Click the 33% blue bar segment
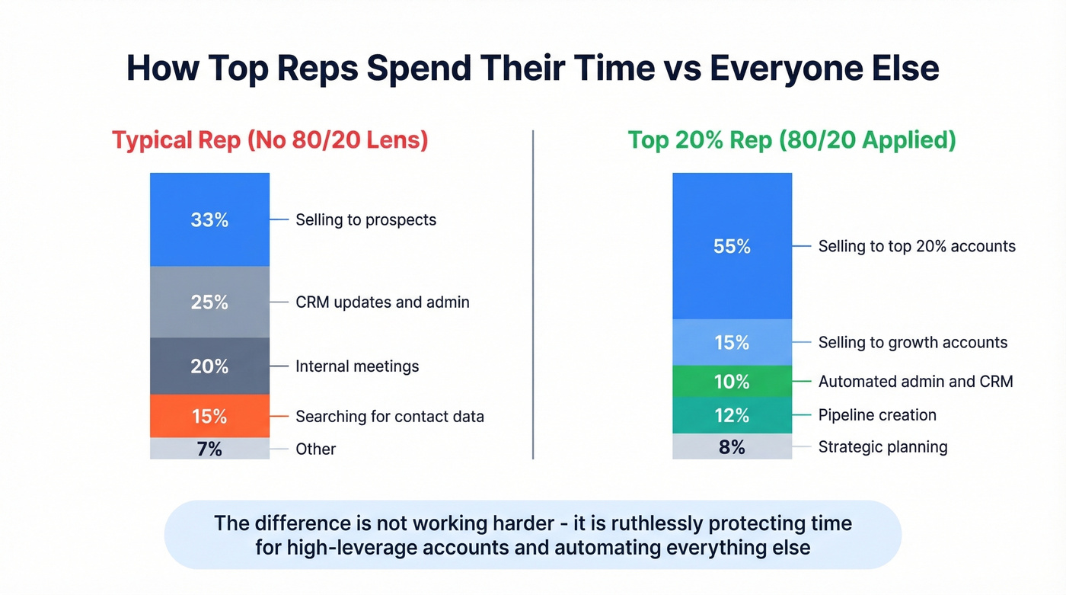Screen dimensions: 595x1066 click(x=209, y=219)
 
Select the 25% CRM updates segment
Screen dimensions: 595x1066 click(x=209, y=302)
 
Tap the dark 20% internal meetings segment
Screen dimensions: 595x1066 click(x=209, y=366)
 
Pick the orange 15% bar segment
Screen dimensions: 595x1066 click(x=209, y=416)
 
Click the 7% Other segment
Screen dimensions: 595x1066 click(x=209, y=449)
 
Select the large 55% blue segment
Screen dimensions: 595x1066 click(x=732, y=246)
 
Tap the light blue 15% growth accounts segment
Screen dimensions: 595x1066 click(x=732, y=342)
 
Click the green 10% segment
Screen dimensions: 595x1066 click(x=732, y=381)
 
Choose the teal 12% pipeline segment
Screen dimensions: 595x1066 click(x=732, y=415)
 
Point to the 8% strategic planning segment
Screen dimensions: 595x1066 click(x=732, y=446)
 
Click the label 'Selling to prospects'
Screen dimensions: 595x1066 click(x=365, y=219)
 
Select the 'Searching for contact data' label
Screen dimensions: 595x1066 click(x=389, y=416)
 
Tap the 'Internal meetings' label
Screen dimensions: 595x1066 click(x=357, y=366)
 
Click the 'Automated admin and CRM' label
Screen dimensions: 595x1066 click(x=915, y=381)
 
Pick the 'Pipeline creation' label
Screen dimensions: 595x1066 click(x=877, y=415)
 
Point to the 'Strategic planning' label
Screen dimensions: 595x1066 click(x=882, y=446)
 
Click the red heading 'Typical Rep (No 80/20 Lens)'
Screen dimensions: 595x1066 click(x=270, y=140)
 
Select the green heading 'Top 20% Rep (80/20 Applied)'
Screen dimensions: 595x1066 click(x=791, y=140)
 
